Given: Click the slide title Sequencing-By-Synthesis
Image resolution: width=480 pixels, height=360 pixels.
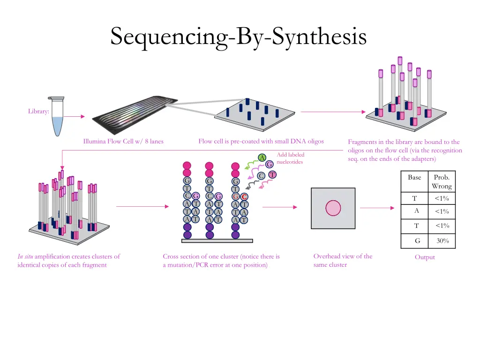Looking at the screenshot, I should click(238, 37).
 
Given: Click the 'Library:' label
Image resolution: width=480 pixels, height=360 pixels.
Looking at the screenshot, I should click(38, 111).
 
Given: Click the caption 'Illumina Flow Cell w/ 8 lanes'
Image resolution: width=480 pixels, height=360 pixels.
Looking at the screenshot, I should click(123, 141).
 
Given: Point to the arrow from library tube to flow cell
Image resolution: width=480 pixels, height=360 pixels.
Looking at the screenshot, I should click(74, 116).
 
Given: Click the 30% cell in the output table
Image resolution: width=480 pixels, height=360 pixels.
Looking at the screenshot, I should click(442, 241).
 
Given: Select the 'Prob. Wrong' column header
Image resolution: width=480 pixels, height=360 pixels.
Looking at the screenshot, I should click(442, 182).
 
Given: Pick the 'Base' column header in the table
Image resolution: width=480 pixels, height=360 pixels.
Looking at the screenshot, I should click(414, 178).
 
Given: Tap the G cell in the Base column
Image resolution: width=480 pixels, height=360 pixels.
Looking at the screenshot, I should click(417, 241).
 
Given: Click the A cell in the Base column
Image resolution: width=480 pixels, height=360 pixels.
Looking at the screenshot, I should click(416, 211).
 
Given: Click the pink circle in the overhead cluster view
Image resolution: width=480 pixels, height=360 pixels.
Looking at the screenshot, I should click(333, 208).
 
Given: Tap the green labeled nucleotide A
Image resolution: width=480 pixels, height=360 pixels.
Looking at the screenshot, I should click(262, 157).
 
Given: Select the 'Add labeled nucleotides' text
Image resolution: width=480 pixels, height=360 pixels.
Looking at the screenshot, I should click(290, 158).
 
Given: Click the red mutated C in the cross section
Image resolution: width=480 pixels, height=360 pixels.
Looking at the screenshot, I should click(244, 196).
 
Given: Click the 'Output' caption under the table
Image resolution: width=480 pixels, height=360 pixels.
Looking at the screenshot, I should click(425, 257).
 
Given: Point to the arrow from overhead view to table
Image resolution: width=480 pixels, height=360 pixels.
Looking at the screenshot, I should click(379, 208).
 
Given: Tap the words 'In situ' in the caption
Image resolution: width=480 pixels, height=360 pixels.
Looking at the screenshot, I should click(25, 256).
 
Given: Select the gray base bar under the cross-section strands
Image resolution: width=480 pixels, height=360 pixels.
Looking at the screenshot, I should click(217, 240).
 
